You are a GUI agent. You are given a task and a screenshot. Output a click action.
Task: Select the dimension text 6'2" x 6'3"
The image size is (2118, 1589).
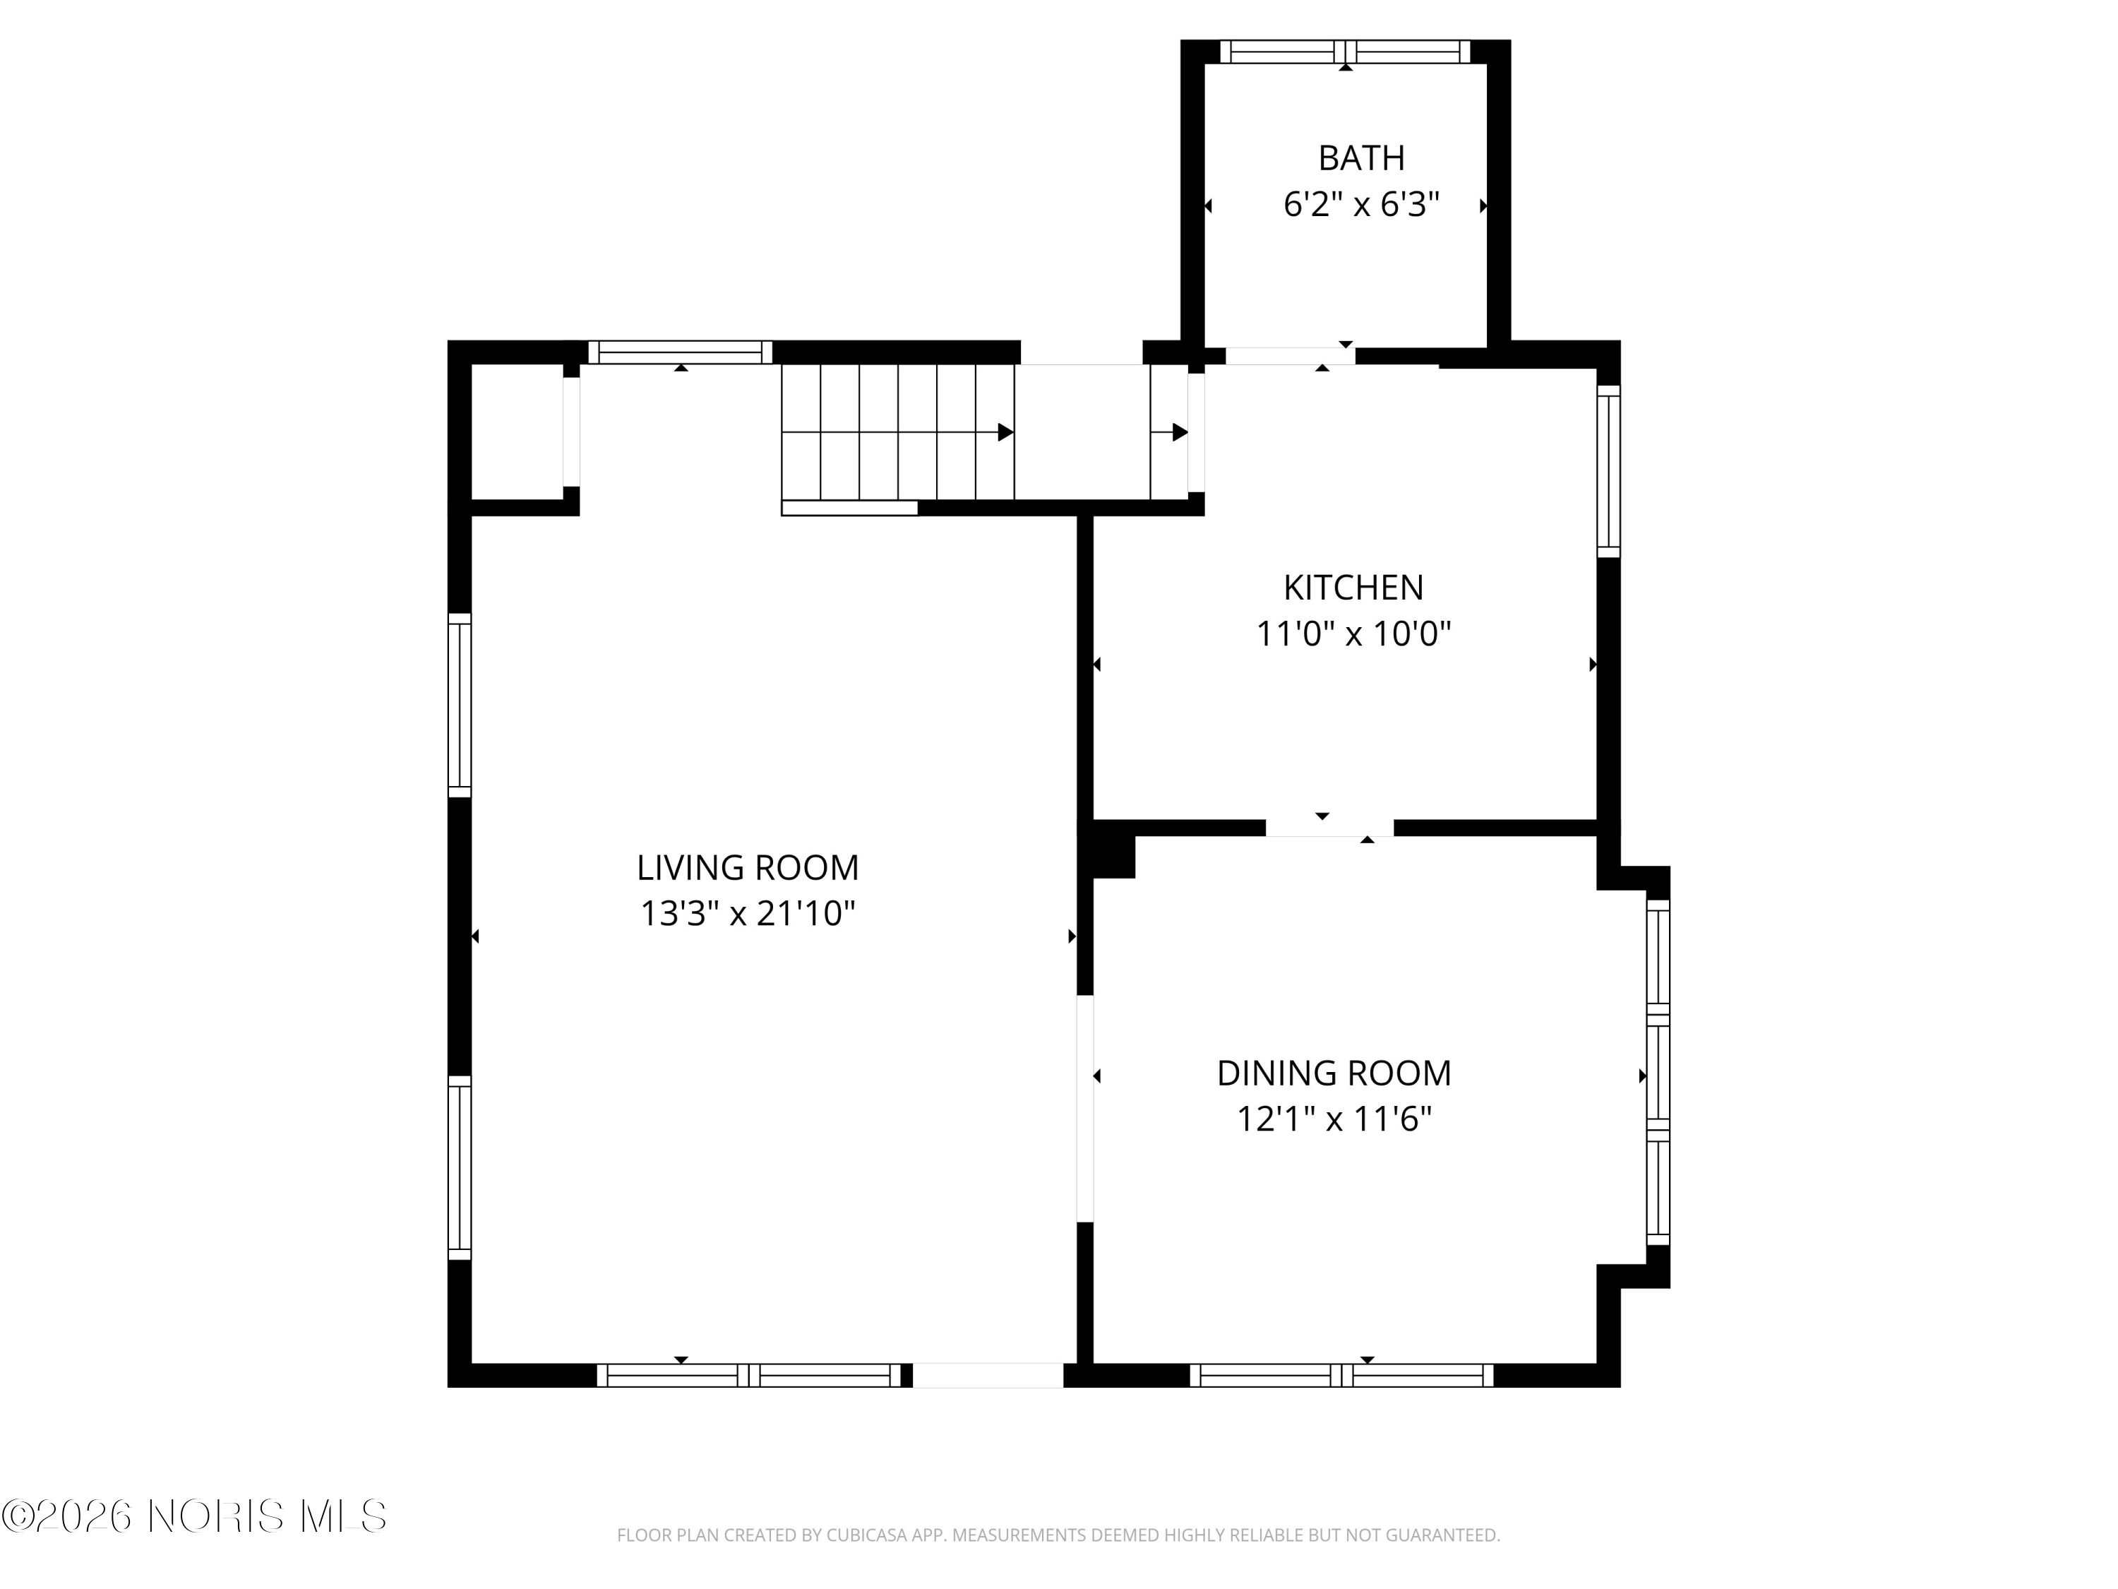(1360, 205)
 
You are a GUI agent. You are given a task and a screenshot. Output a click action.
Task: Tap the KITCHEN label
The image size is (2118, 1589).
(1353, 587)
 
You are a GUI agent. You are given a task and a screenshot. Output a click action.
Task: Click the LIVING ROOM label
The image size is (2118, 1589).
(747, 868)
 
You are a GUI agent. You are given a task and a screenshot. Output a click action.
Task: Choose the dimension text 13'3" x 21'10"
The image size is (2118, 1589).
(747, 914)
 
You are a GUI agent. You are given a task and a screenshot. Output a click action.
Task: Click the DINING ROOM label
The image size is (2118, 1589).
(1334, 1073)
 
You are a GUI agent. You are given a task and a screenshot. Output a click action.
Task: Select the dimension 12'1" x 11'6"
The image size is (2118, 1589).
(1334, 1119)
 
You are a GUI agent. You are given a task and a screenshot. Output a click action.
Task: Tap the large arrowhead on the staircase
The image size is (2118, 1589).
(1005, 432)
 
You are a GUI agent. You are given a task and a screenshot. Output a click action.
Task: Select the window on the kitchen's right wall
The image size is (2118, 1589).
(1608, 471)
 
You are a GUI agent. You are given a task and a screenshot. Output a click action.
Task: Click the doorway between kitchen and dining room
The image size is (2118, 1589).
(1329, 828)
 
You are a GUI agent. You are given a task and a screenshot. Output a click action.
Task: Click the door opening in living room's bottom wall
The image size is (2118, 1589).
(987, 1376)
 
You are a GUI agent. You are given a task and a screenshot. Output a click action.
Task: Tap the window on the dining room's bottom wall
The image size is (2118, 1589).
(1341, 1376)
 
